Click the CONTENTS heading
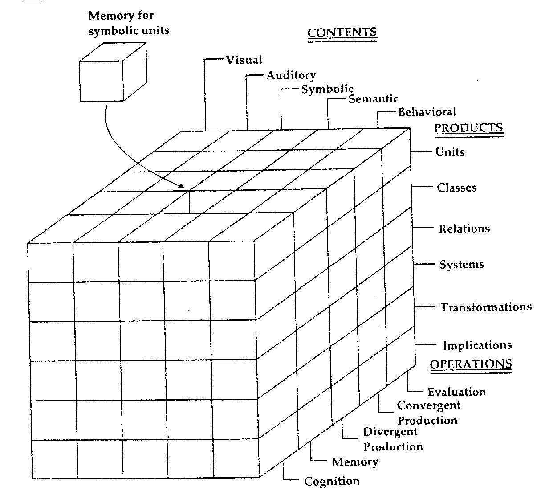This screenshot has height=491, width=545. pyautogui.click(x=342, y=32)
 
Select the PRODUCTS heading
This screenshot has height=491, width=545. pyautogui.click(x=469, y=128)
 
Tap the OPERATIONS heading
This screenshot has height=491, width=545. pyautogui.click(x=471, y=364)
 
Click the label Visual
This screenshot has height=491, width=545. pyautogui.click(x=244, y=60)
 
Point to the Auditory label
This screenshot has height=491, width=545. pyautogui.click(x=291, y=76)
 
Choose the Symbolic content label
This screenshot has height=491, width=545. pyautogui.click(x=327, y=89)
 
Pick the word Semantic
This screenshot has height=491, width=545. pyautogui.click(x=373, y=99)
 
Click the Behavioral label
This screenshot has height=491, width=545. pyautogui.click(x=427, y=112)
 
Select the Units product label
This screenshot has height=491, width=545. pyautogui.click(x=450, y=152)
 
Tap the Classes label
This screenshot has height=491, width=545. pyautogui.click(x=457, y=188)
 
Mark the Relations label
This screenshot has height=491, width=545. pyautogui.click(x=464, y=229)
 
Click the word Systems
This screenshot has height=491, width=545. pyautogui.click(x=462, y=265)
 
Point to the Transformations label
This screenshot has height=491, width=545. pyautogui.click(x=486, y=307)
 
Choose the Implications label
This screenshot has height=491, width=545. pyautogui.click(x=478, y=345)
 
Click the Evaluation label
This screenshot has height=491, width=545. pyautogui.click(x=457, y=392)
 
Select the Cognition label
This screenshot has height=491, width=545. pyautogui.click(x=332, y=481)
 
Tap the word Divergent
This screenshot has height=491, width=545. pyautogui.click(x=390, y=432)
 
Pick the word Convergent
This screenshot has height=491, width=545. pyautogui.click(x=429, y=405)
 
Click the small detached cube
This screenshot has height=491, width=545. pyautogui.click(x=113, y=72)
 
